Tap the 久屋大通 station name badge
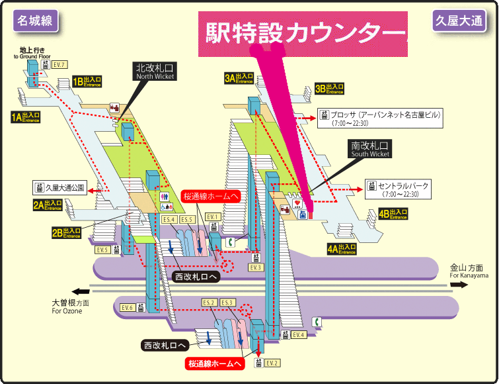459,21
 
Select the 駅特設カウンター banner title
302,32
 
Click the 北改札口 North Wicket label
155,72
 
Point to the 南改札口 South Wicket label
370,148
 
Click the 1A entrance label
26,117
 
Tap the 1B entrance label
87,81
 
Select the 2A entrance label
48,205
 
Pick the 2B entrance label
67,232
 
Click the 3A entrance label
239,78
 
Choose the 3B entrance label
329,88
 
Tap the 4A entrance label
342,249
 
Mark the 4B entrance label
393,214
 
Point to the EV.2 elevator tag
273,362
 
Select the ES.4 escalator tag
169,219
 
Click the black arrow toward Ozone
81,291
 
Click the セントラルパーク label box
399,189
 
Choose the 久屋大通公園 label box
60,187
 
